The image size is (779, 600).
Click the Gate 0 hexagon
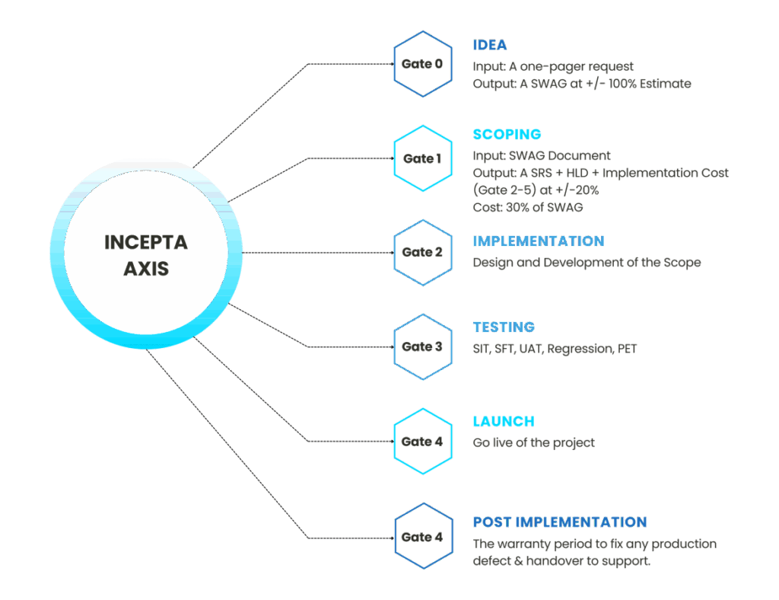(x=422, y=64)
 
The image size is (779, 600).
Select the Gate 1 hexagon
(x=422, y=158)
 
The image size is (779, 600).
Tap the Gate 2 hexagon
(x=422, y=252)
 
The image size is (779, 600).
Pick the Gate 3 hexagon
(x=422, y=346)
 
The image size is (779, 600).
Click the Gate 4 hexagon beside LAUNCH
(x=422, y=441)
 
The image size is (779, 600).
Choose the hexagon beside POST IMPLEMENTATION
(x=422, y=536)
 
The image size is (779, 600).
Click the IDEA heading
(x=489, y=45)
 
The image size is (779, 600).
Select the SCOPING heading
(x=507, y=135)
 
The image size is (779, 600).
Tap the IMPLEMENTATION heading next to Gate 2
(x=538, y=241)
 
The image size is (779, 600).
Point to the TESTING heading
(x=504, y=327)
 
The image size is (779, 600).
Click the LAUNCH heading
(x=503, y=421)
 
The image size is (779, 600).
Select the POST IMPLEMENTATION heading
(x=559, y=522)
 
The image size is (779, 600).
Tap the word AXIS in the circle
(x=146, y=269)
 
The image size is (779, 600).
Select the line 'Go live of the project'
(x=533, y=442)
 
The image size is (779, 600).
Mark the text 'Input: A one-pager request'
(x=553, y=66)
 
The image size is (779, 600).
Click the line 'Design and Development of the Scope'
(x=587, y=263)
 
